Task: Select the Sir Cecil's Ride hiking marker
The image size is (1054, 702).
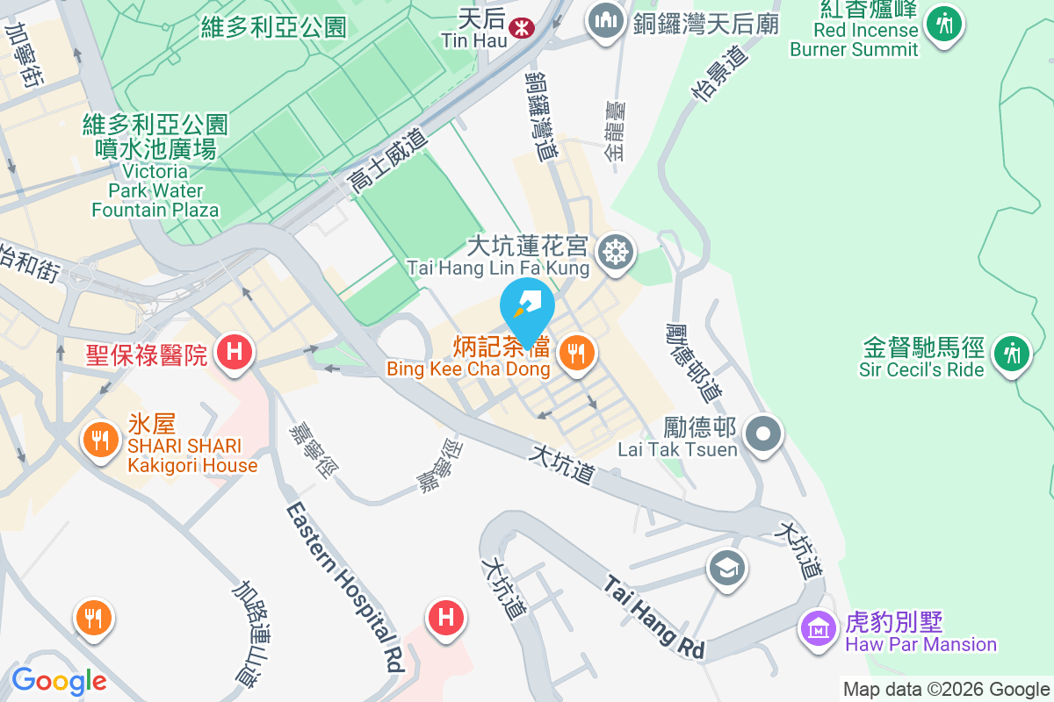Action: click(x=1012, y=353)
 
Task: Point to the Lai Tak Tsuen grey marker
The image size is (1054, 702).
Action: click(x=763, y=433)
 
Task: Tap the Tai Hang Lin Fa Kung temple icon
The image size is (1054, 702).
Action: click(x=617, y=253)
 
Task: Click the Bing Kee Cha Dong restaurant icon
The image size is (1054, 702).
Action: click(x=576, y=354)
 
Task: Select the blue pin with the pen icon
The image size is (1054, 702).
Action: click(x=527, y=308)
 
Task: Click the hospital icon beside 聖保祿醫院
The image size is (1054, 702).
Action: click(x=234, y=353)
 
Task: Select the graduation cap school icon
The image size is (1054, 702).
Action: click(x=727, y=568)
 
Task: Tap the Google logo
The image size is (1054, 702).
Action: click(x=59, y=680)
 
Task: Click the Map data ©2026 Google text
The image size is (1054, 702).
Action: click(x=946, y=690)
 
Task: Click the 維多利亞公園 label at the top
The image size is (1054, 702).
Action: click(x=273, y=27)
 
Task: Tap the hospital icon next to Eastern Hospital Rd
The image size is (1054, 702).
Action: click(x=446, y=617)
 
